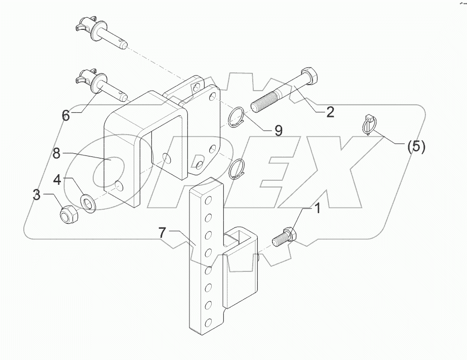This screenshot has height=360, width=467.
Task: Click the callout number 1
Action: pyautogui.click(x=318, y=208)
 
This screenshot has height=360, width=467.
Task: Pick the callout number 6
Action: pyautogui.click(x=66, y=115)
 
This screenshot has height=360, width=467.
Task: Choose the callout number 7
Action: pyautogui.click(x=162, y=233)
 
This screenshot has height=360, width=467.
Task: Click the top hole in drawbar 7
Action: pyautogui.click(x=207, y=195)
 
